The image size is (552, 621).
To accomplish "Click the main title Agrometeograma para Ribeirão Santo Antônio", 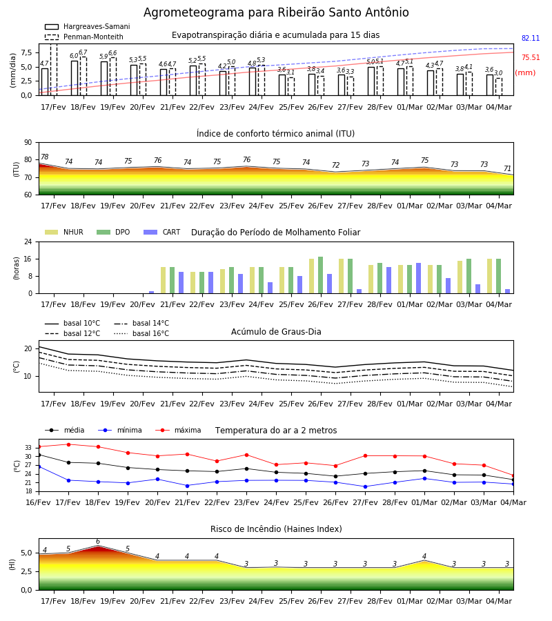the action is click(276, 12).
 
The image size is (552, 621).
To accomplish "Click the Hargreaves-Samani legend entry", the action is click(88, 26).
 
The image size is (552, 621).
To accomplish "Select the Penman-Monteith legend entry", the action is click(84, 37).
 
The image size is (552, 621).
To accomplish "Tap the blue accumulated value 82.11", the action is click(531, 39).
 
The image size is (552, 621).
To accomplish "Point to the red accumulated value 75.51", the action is click(531, 57).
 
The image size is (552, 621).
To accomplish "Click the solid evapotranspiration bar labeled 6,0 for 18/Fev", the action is click(75, 78).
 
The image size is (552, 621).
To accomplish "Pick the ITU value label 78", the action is click(44, 157).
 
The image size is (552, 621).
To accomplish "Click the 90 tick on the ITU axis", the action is click(28, 143).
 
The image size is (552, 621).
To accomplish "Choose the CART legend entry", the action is click(162, 232).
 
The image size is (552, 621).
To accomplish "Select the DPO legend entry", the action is click(113, 232).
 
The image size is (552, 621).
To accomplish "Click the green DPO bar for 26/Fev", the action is click(320, 275).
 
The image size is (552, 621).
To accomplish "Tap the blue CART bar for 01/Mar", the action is click(419, 278).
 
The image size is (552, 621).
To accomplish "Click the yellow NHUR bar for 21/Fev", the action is click(163, 280).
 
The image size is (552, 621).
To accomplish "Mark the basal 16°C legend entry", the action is click(141, 334).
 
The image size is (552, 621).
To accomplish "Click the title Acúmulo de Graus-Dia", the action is click(276, 332).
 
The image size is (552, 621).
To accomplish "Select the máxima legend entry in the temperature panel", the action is click(178, 430).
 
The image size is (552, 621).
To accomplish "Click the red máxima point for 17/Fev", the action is click(68, 444).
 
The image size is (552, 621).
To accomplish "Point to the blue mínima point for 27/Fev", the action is click(366, 486).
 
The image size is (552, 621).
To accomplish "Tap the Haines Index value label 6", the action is click(98, 542).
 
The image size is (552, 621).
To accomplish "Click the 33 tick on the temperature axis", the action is click(28, 448).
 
